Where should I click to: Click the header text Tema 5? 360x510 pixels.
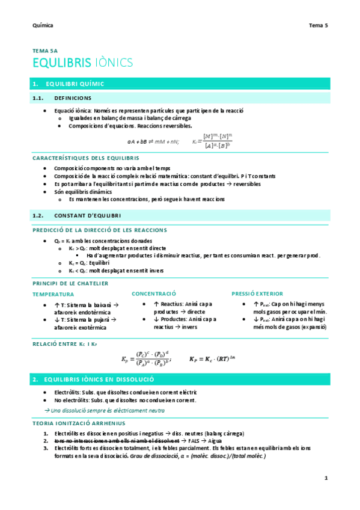click(x=318, y=25)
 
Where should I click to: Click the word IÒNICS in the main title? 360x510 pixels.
click(x=113, y=63)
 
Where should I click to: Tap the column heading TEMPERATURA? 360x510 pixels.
click(x=53, y=295)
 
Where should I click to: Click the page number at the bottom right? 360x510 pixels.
click(x=326, y=478)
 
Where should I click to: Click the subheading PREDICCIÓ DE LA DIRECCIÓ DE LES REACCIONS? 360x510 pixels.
click(x=100, y=230)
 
